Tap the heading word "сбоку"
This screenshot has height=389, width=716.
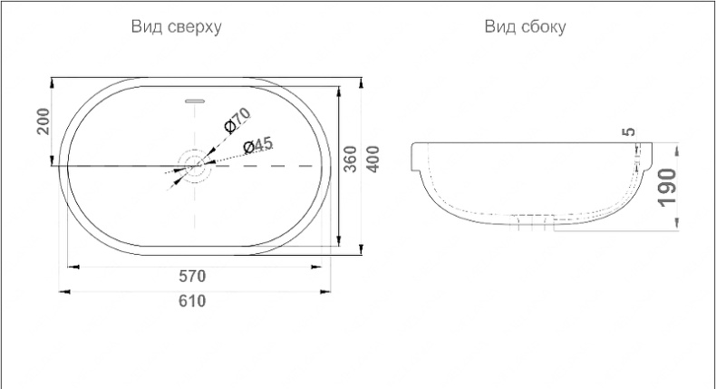tap(542, 27)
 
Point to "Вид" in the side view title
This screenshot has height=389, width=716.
tap(500, 27)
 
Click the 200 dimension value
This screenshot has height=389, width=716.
tap(42, 121)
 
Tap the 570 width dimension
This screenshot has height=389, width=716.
tap(193, 276)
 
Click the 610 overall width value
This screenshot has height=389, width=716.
tap(193, 301)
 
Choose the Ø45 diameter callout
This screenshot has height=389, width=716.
tap(257, 146)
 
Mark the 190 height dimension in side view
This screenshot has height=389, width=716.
tap(668, 187)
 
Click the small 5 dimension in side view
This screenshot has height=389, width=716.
tap(630, 132)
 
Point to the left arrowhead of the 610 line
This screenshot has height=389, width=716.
tap(63, 291)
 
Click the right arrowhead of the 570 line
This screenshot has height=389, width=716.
tap(319, 267)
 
